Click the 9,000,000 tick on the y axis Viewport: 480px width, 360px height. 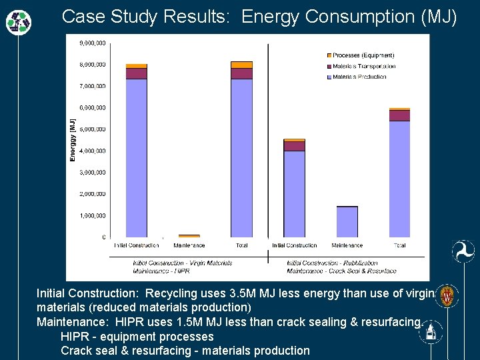click(93, 43)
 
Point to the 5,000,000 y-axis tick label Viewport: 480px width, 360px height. click(93, 129)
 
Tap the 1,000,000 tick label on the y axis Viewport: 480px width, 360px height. click(93, 215)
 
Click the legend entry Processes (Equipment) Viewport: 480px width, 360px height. click(363, 55)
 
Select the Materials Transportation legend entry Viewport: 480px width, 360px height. click(363, 66)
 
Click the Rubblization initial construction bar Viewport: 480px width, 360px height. click(294, 193)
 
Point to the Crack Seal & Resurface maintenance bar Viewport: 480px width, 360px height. click(347, 221)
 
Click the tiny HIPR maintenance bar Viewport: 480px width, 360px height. click(189, 235)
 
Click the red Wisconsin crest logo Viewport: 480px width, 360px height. click(447, 295)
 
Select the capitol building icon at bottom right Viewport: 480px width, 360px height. click(431, 331)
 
